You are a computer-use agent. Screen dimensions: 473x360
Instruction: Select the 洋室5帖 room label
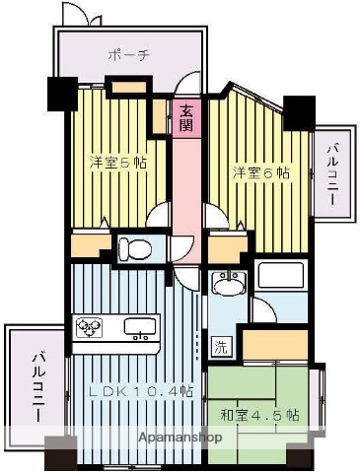pos(118,162)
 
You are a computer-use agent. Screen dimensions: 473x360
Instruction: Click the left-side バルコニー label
pos(36,387)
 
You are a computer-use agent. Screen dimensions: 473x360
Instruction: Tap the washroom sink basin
pos(228,284)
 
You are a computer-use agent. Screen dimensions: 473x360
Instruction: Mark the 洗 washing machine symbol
pos(221,346)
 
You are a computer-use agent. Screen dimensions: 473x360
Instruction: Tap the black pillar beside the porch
pos(59,93)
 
